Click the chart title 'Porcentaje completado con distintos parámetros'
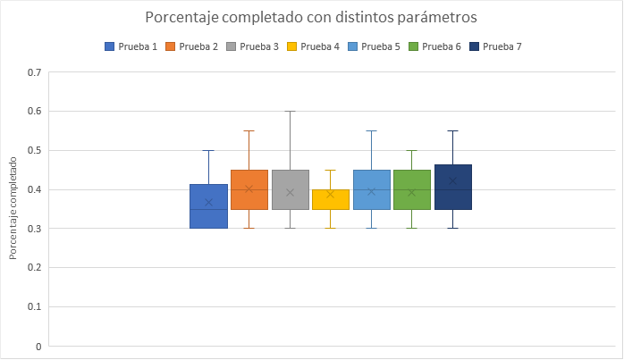(311, 17)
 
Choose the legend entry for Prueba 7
(494, 46)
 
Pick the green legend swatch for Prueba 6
(413, 46)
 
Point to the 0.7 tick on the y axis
(35, 72)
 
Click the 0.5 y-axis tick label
(35, 150)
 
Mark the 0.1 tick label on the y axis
(35, 306)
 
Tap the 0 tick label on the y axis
(38, 346)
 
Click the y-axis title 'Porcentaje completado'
(13, 208)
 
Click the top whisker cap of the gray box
(290, 112)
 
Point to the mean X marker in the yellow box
(331, 194)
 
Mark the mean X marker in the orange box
(249, 188)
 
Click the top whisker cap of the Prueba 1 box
(208, 151)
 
